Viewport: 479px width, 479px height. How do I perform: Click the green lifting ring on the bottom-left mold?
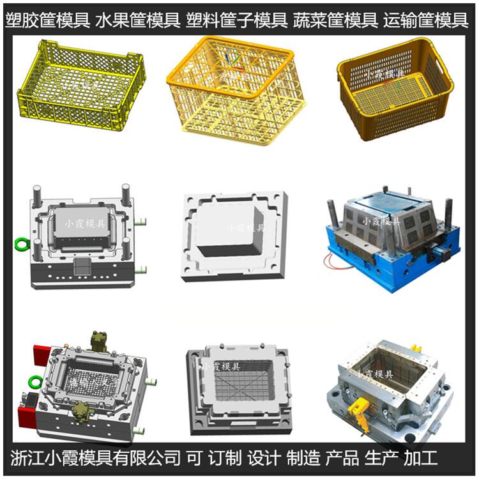(35, 382)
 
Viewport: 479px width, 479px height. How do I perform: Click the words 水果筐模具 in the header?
(138, 20)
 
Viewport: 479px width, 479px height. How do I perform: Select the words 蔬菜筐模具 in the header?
(335, 20)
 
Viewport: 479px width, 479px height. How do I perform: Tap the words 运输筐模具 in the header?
(425, 20)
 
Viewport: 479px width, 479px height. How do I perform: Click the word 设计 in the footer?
(264, 458)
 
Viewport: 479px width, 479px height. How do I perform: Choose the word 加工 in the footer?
(420, 458)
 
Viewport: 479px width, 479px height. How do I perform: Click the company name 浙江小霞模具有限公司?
(95, 458)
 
